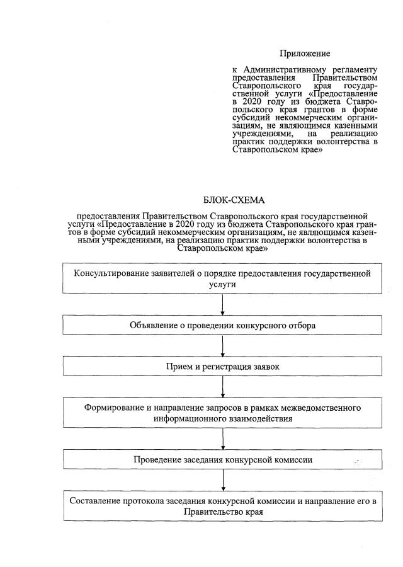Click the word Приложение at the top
305,54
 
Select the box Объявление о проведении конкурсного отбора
222,325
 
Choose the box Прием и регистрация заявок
222,366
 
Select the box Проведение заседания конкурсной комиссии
222,459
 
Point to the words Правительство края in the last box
222,512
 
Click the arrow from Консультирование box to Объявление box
223,304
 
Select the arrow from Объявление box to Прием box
223,346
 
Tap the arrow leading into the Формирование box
223,387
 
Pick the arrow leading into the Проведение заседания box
223,439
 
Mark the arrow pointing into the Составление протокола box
223,481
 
